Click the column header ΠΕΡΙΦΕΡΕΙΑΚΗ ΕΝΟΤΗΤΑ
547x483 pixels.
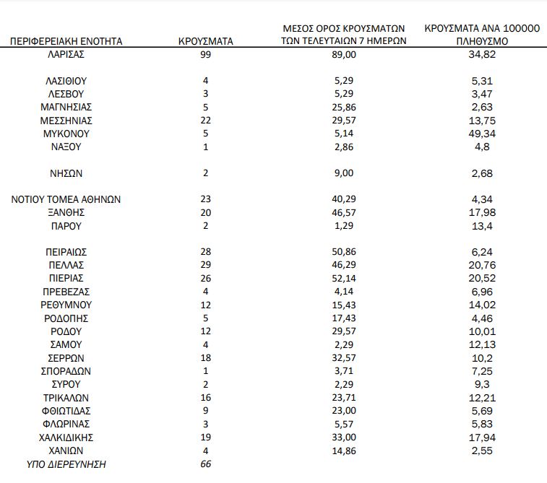[66, 41]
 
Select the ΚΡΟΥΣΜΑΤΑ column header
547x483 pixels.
[206, 41]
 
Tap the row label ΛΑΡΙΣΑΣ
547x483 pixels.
[66, 54]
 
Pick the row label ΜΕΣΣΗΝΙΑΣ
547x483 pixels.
[66, 121]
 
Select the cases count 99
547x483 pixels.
[206, 54]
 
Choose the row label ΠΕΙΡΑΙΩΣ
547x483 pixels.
[66, 252]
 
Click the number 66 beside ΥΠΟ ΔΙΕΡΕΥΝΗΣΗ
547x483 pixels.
[206, 464]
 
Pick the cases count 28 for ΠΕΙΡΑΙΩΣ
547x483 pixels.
[206, 252]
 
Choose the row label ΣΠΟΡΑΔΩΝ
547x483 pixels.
[66, 371]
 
